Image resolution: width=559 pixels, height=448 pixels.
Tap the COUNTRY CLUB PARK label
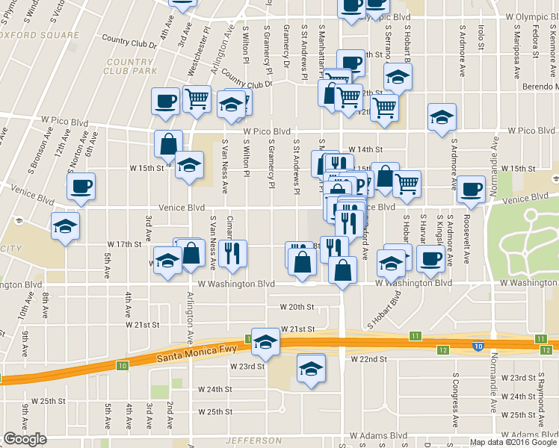coord(131,66)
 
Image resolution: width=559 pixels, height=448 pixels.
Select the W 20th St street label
coord(299,307)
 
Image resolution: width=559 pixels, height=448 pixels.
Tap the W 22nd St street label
coord(369,359)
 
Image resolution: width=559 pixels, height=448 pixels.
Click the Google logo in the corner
coord(25,439)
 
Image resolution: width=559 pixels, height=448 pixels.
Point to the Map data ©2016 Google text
coord(513,442)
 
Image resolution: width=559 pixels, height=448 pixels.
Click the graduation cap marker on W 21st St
coord(265,341)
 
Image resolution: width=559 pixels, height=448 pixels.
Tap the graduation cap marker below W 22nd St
coord(311,367)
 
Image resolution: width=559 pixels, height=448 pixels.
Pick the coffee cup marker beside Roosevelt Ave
coord(470,188)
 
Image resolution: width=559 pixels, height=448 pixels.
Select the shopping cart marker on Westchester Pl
coord(197,97)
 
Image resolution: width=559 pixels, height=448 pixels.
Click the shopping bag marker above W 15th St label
coord(169,143)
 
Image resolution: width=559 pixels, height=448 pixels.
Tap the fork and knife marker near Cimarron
coord(232,253)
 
